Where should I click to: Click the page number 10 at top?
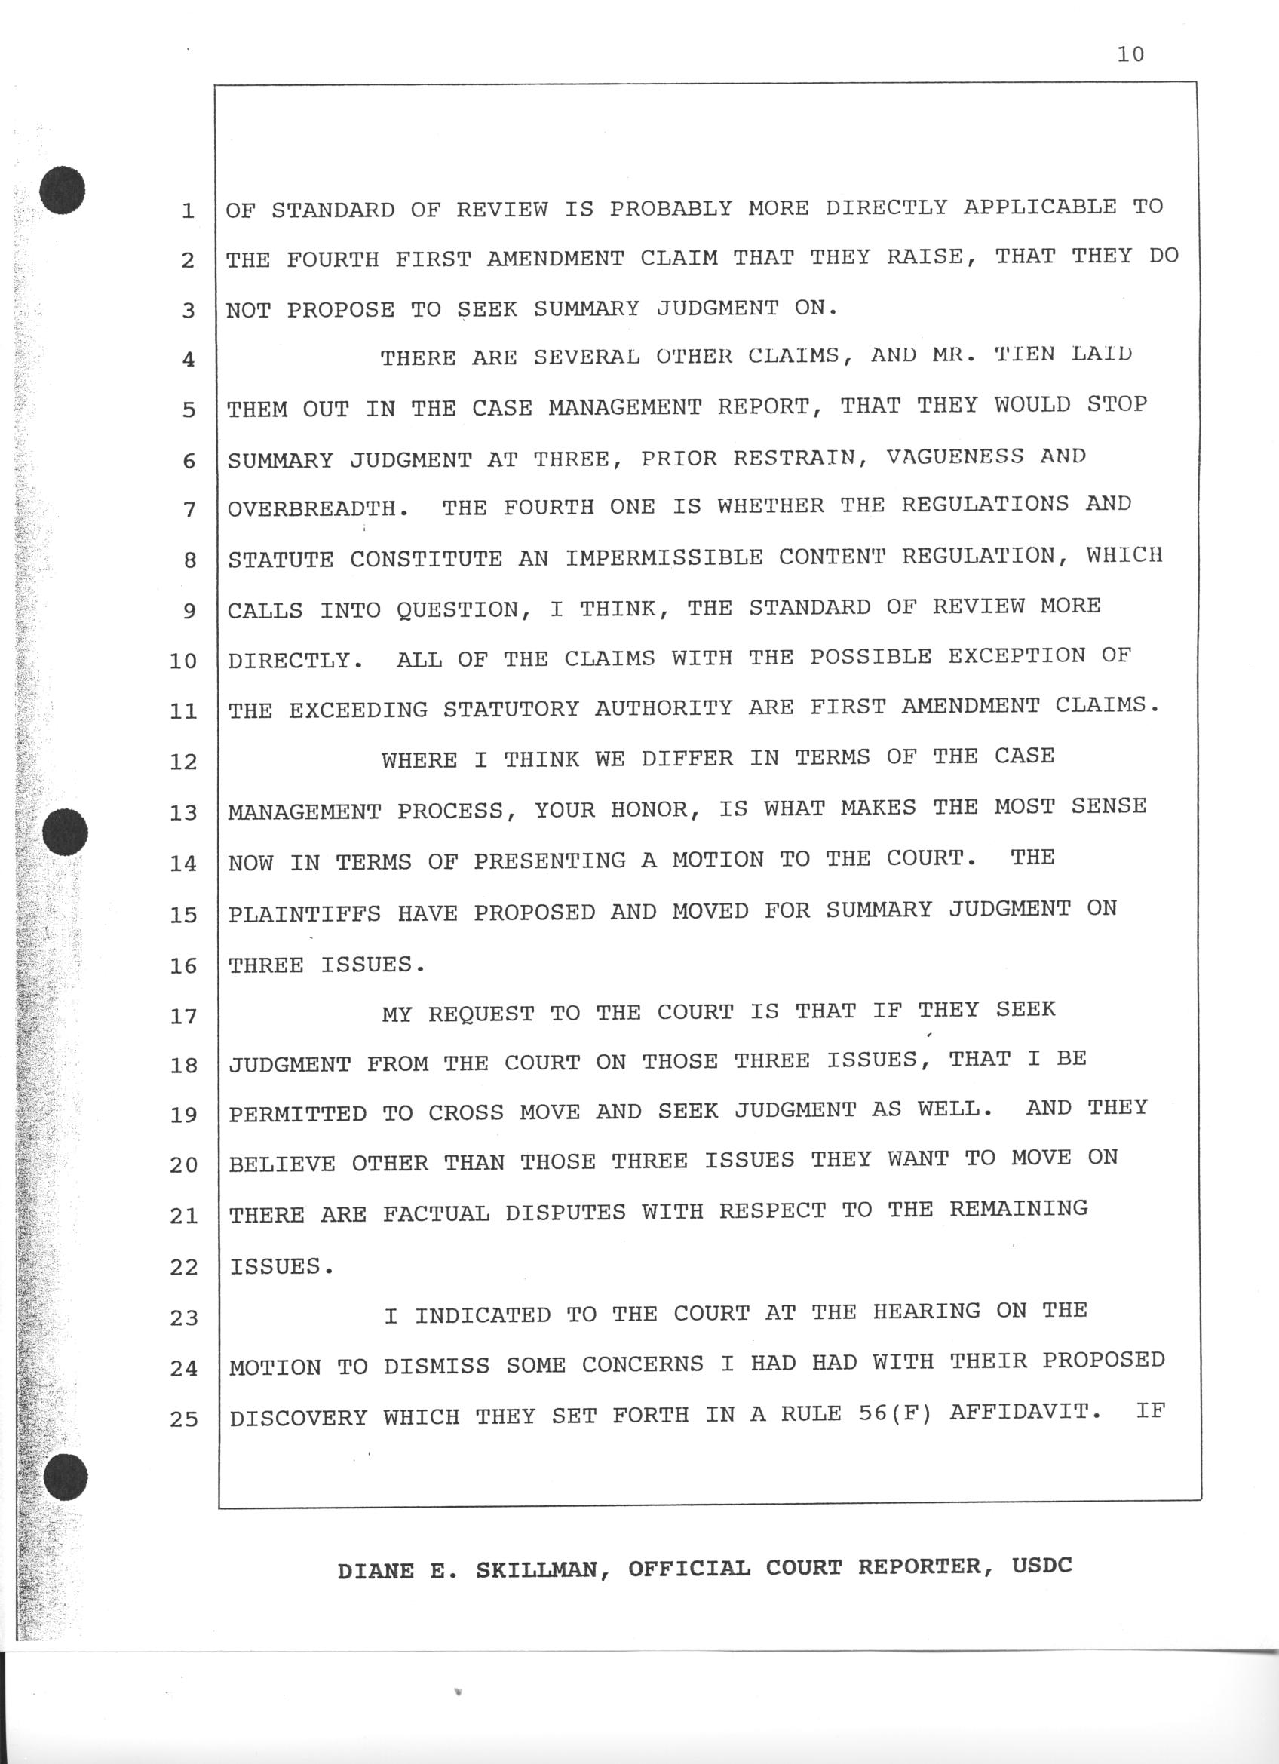[x=1130, y=54]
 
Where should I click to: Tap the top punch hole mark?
[x=63, y=190]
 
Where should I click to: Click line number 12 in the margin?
[x=183, y=762]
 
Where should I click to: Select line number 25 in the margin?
[x=183, y=1419]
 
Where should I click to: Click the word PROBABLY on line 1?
[x=670, y=208]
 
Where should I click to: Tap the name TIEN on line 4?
[x=1025, y=354]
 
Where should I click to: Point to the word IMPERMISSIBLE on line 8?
[x=664, y=557]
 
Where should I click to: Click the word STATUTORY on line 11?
[x=511, y=709]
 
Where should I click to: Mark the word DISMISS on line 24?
[x=436, y=1367]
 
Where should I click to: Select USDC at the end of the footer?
[x=1042, y=1565]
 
